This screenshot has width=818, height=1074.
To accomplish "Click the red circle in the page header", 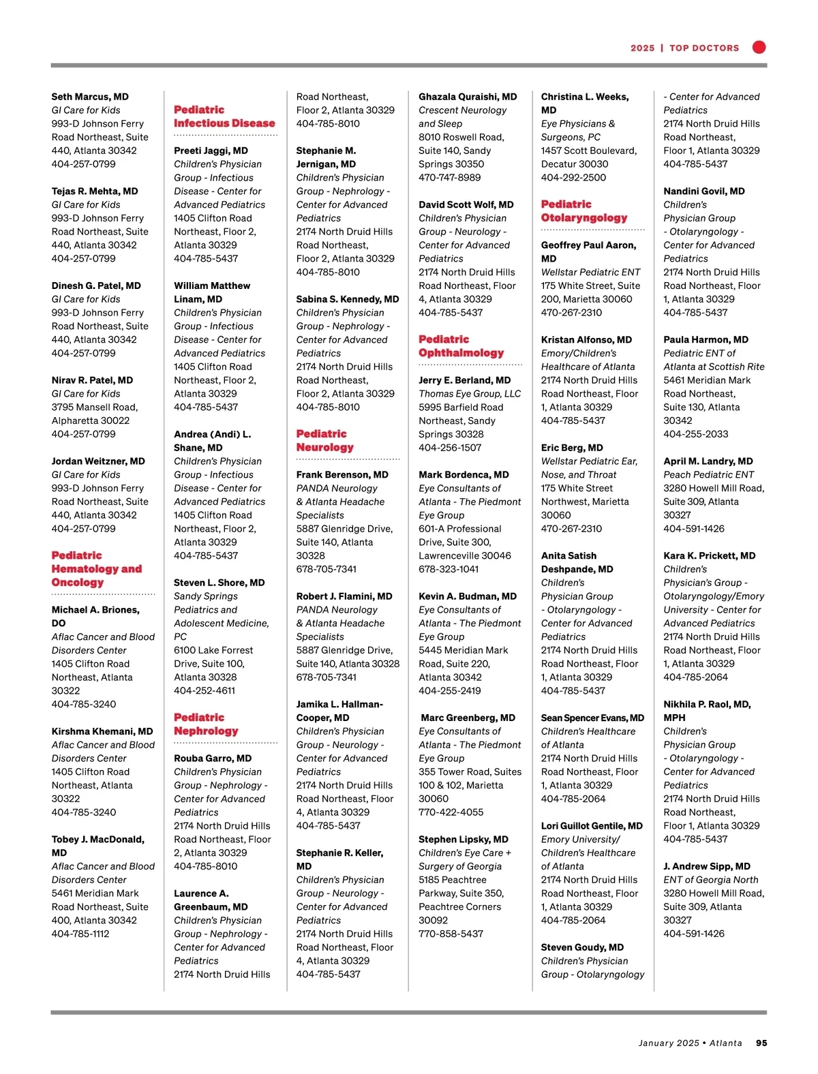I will (759, 47).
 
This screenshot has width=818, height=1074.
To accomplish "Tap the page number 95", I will (761, 1043).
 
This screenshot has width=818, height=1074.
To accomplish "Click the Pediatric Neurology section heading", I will (325, 440).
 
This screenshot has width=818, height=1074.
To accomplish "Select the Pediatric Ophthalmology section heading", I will (461, 346).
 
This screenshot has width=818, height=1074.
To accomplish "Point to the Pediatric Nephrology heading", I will (206, 724).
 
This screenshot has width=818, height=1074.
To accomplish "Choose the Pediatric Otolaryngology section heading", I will (584, 211).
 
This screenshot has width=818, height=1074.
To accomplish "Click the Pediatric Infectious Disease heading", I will (224, 117).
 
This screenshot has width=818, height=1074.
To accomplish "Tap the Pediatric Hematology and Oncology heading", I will (96, 568).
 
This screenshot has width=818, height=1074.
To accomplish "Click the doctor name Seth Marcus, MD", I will (90, 97).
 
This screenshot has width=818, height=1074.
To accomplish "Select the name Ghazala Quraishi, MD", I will (468, 97).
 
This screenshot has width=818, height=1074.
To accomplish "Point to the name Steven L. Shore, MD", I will (219, 583).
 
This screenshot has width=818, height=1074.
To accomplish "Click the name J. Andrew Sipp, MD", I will (707, 866).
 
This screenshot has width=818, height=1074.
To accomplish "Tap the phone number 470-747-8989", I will (449, 177).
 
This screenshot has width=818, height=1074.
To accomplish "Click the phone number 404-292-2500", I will (573, 177).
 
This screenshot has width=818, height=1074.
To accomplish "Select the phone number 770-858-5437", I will (451, 934).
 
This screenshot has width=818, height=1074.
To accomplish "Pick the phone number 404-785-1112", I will (80, 934).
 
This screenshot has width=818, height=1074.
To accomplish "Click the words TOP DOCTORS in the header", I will (704, 48).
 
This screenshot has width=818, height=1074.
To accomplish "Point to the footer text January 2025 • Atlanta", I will (690, 1043).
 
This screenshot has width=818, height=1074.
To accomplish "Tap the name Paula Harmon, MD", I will (706, 339).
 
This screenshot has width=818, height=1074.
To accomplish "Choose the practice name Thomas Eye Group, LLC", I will (470, 393).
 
